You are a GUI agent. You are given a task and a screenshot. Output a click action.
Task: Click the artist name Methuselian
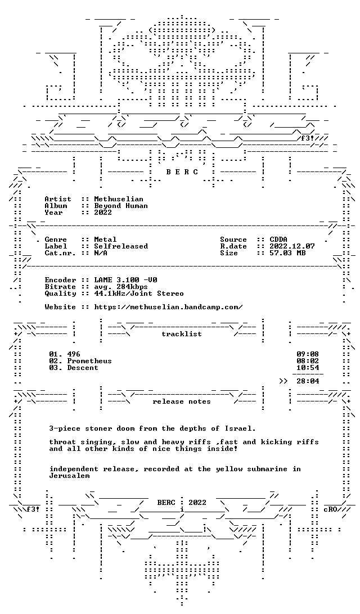click(x=119, y=199)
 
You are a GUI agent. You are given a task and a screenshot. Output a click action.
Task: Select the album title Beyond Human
click(x=121, y=206)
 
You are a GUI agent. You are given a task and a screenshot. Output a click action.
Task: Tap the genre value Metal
click(x=105, y=240)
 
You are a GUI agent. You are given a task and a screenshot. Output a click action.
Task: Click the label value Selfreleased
click(x=121, y=246)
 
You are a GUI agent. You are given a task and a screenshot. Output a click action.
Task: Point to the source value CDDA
click(x=278, y=240)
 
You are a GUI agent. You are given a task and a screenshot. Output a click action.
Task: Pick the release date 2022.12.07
click(x=292, y=246)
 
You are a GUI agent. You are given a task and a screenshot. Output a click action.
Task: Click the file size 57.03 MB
click(x=287, y=252)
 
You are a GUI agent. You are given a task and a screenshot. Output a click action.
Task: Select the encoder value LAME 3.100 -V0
click(x=126, y=279)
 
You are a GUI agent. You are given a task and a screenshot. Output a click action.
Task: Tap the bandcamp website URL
click(x=168, y=306)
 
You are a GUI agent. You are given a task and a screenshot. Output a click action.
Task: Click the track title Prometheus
click(x=89, y=360)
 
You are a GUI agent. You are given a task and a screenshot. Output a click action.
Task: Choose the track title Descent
click(x=83, y=367)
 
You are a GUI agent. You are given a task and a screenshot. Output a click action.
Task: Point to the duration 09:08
click(x=308, y=354)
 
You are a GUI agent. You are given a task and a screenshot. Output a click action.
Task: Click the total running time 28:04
click(x=308, y=381)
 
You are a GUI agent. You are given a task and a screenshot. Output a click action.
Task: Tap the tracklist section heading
click(x=182, y=333)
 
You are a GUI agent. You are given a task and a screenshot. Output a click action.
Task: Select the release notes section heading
click(x=182, y=401)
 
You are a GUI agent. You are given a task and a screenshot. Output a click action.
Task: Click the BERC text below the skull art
click(x=182, y=171)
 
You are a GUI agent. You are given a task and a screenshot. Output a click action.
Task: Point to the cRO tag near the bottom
click(x=330, y=509)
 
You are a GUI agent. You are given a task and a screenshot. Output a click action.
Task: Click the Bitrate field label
click(x=60, y=286)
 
